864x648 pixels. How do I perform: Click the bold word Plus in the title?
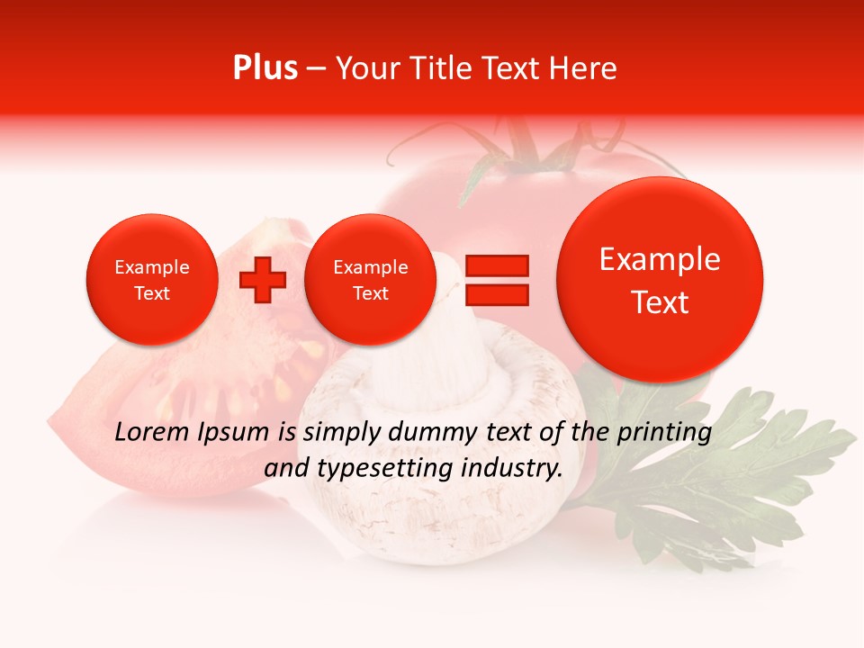click(x=265, y=68)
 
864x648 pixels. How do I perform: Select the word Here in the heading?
click(x=585, y=68)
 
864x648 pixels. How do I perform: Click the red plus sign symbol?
click(x=262, y=280)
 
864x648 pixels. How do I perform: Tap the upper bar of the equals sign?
click(x=496, y=265)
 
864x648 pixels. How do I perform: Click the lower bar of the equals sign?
click(x=496, y=295)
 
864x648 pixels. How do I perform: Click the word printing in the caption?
click(x=665, y=433)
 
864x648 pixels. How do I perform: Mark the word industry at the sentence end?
click(x=514, y=468)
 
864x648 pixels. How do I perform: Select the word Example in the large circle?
click(x=660, y=259)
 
